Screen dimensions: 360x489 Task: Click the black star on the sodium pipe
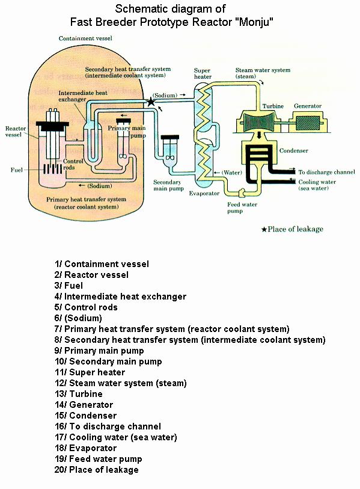[151, 102]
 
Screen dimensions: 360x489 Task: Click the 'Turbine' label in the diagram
[273, 106]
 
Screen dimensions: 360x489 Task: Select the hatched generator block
[308, 123]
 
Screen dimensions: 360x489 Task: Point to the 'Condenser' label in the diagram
[294, 150]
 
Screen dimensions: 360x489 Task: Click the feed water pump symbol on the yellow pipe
[242, 193]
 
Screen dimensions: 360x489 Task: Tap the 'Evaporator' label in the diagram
[204, 193]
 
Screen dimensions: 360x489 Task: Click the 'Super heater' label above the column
[203, 73]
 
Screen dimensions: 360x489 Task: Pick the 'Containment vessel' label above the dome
[85, 38]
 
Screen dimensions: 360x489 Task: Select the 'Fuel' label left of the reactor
[16, 170]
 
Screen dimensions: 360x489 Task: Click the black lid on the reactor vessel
[52, 126]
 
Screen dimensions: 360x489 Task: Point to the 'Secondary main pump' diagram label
[168, 185]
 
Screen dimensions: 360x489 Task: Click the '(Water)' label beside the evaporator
[231, 173]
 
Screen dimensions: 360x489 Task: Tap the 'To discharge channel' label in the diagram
[327, 172]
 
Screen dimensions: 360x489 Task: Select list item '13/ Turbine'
[79, 394]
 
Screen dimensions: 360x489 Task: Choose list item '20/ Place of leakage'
[97, 470]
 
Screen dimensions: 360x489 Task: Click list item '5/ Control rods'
[86, 307]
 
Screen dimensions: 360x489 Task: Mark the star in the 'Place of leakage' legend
[264, 230]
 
